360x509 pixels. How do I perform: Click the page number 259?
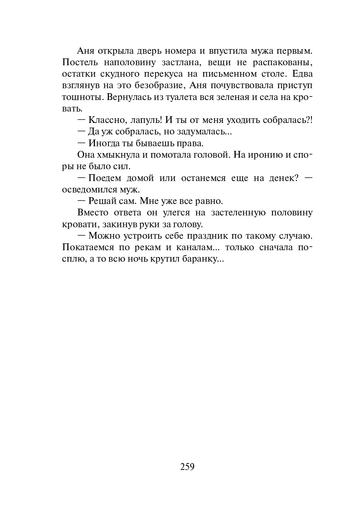coord(187,467)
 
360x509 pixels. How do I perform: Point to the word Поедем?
coord(105,178)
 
